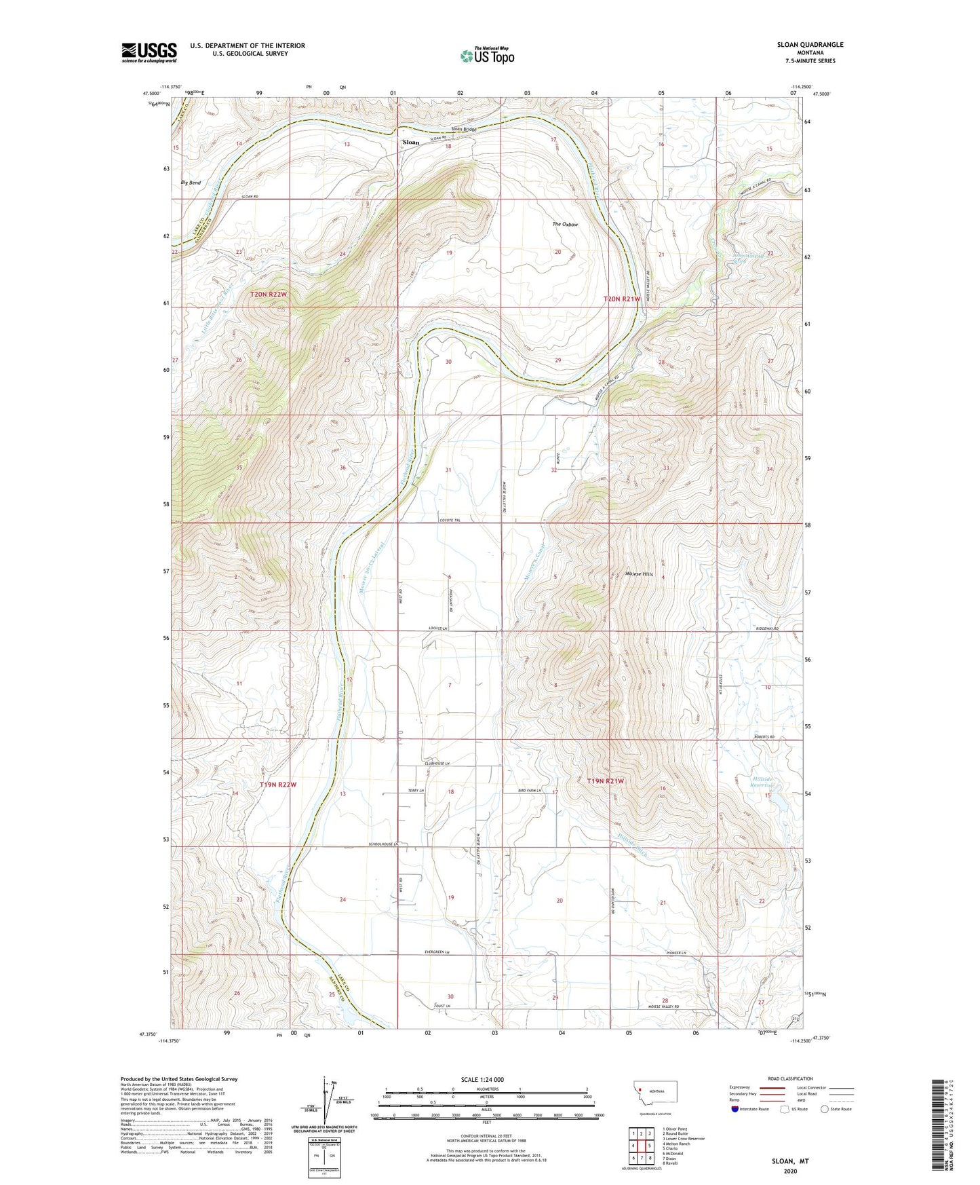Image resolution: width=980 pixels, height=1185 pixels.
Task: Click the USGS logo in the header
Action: (x=149, y=52)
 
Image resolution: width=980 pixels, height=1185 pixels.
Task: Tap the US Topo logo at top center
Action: (x=487, y=56)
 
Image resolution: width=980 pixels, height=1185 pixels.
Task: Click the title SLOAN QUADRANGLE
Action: (x=810, y=45)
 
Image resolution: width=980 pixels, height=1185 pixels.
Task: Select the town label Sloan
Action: (x=411, y=143)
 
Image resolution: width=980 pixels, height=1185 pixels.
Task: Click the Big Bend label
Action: (x=191, y=183)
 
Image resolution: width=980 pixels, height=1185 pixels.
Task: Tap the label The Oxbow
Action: (x=565, y=224)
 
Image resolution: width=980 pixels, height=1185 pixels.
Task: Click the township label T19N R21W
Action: (x=605, y=781)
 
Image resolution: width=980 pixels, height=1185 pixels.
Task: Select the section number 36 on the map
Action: (x=342, y=468)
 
